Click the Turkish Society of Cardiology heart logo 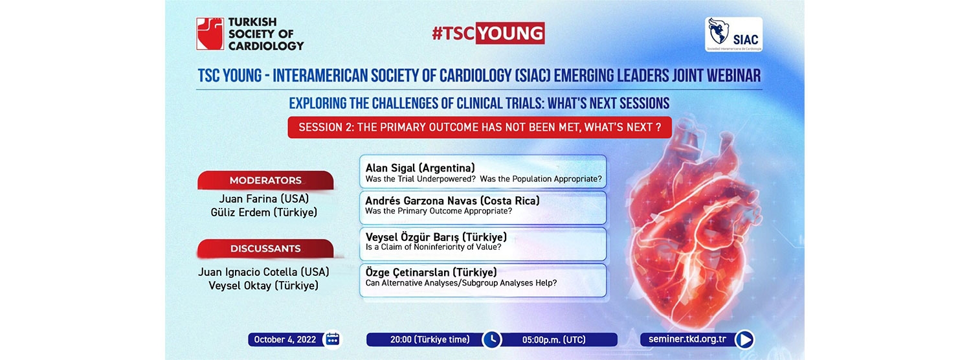coord(210,34)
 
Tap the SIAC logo coord(733,35)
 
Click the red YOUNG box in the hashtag coord(510,34)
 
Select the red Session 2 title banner coord(480,128)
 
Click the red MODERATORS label coord(265,181)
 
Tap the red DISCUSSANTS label coord(265,249)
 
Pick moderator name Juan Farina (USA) coord(264,199)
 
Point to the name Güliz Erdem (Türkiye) coord(264,212)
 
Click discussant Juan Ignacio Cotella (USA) coord(263,272)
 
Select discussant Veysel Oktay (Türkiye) coord(263,286)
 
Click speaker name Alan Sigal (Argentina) coord(420,168)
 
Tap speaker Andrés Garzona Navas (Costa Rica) coord(452,201)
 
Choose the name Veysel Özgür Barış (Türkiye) coord(436,237)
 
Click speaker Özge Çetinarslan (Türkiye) coord(431,273)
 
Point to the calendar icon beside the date coord(333,339)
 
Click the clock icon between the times coord(491,340)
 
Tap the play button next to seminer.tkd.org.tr coord(744,340)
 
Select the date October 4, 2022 coord(285,340)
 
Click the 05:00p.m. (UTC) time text coord(553,340)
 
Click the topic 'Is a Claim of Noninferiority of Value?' coord(434,247)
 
